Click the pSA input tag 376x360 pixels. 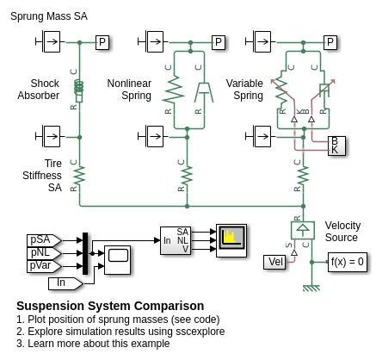click(x=44, y=240)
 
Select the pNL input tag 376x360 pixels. click(x=44, y=253)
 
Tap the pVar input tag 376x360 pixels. click(x=44, y=266)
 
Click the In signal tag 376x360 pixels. click(x=65, y=283)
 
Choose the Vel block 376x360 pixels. click(x=274, y=262)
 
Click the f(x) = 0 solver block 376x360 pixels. click(x=348, y=262)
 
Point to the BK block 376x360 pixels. click(x=336, y=146)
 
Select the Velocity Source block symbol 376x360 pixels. click(x=303, y=230)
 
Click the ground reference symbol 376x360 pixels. click(x=311, y=288)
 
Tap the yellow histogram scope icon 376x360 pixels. click(x=231, y=240)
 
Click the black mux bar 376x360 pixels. click(x=85, y=253)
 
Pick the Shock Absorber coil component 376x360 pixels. click(x=79, y=90)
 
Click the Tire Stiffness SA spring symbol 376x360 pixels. click(x=79, y=176)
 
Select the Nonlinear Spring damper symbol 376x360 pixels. click(x=204, y=92)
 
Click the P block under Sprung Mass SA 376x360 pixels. click(x=102, y=42)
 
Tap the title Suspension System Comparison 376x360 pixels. click(x=110, y=306)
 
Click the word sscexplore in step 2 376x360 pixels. click(x=200, y=332)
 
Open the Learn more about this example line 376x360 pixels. click(x=93, y=344)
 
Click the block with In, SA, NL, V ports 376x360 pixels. click(x=175, y=240)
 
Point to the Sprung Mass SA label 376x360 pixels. click(x=49, y=16)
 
